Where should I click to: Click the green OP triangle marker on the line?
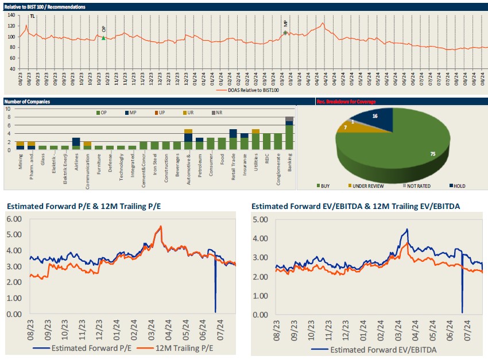coord(103,38)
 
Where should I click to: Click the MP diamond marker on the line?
coord(285,33)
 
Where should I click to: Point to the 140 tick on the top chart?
coord(11,16)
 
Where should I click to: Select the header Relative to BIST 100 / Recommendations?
coord(45,7)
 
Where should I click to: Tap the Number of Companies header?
coord(27,102)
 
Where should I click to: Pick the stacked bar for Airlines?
coord(76,144)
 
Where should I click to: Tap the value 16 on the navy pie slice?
coord(374,116)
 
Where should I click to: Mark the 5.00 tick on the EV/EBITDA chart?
coord(260,219)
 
